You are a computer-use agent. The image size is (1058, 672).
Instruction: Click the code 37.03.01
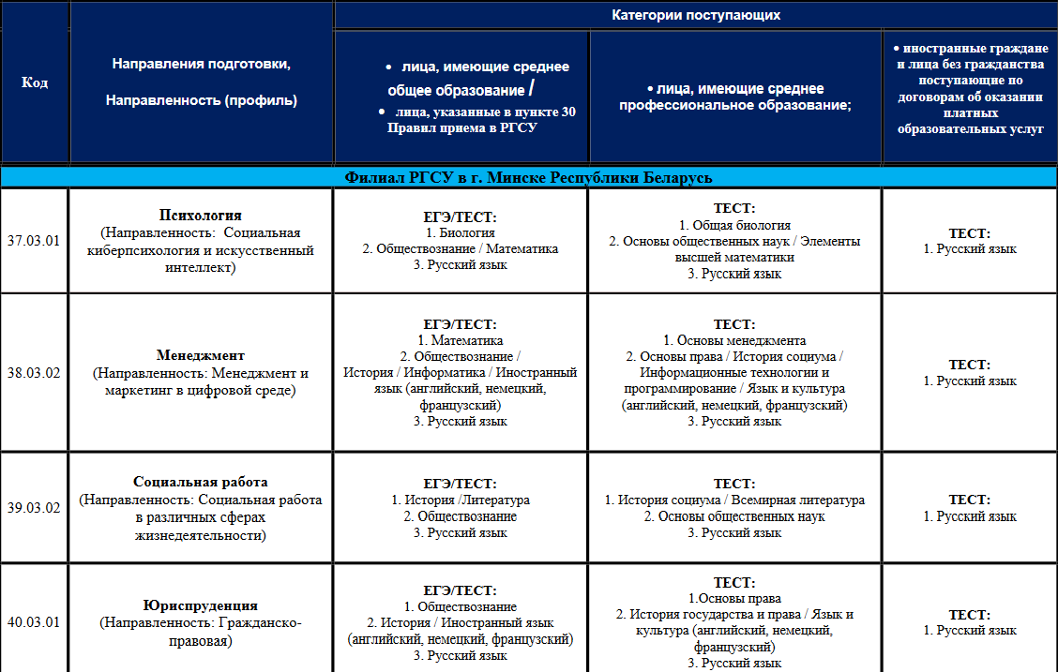coord(34,241)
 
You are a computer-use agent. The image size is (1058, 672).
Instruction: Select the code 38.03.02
coord(34,373)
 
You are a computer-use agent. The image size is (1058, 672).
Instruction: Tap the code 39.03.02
coord(34,508)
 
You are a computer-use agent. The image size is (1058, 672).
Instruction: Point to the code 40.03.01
coord(34,621)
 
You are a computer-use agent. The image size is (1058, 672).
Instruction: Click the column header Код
coord(35,82)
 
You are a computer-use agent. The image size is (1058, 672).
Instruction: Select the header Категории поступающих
coord(696,15)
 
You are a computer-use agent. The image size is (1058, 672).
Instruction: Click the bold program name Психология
coord(201,216)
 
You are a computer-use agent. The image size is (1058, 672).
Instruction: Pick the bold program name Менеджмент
coord(201,355)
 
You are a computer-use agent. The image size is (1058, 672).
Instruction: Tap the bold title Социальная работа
coord(201,482)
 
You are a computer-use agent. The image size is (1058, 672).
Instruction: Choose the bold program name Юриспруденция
coord(201,605)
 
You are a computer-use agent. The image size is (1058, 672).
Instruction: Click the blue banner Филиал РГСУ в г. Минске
coord(529,177)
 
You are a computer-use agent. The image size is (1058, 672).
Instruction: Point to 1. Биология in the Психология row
coord(461,232)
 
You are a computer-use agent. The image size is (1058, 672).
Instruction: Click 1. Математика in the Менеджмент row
coord(461,340)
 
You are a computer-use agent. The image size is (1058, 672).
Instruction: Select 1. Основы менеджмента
coord(734,340)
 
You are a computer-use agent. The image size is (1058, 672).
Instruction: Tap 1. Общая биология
coord(734,225)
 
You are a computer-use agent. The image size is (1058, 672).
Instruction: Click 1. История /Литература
coord(461,500)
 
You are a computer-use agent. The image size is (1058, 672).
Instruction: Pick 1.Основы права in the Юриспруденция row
coord(734,598)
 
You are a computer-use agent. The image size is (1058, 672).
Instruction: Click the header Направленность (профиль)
coord(201,100)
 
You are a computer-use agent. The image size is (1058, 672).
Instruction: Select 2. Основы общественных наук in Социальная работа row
coord(734,516)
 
